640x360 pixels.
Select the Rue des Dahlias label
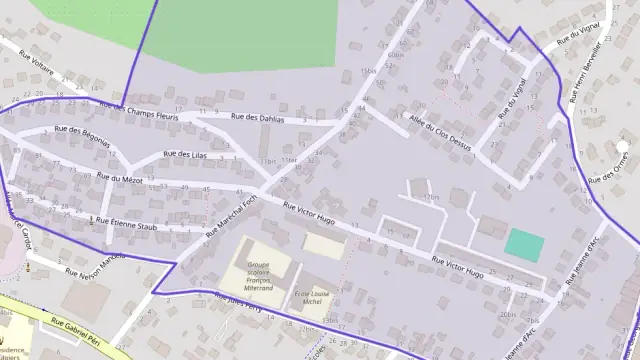click(x=257, y=117)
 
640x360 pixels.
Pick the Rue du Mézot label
click(x=119, y=178)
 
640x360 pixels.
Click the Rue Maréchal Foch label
click(x=231, y=216)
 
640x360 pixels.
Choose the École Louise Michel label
click(x=315, y=300)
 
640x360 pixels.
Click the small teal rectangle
click(x=526, y=243)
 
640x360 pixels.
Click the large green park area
click(x=240, y=35)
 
